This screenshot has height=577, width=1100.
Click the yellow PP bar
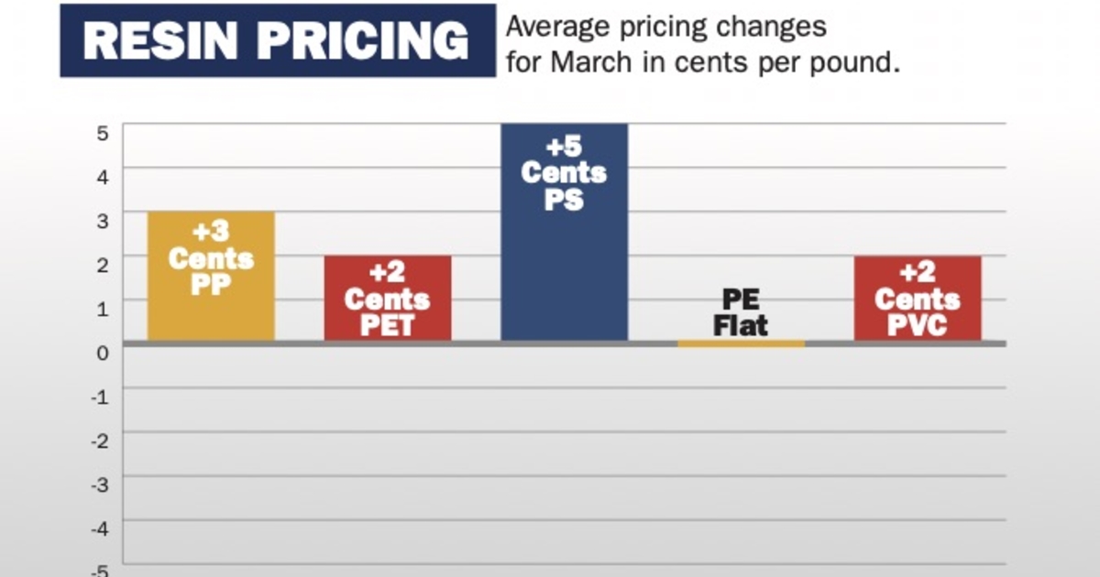point(211,311)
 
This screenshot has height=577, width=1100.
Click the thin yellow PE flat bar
point(741,343)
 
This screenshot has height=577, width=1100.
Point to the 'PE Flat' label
point(741,312)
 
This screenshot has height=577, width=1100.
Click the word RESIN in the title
point(164,41)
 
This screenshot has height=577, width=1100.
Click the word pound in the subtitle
point(842,64)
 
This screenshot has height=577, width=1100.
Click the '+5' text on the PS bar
point(564,147)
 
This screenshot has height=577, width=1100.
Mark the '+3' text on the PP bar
point(211,233)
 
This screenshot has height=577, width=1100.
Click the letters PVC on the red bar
point(918,324)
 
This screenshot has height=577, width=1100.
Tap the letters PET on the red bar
point(388,324)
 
